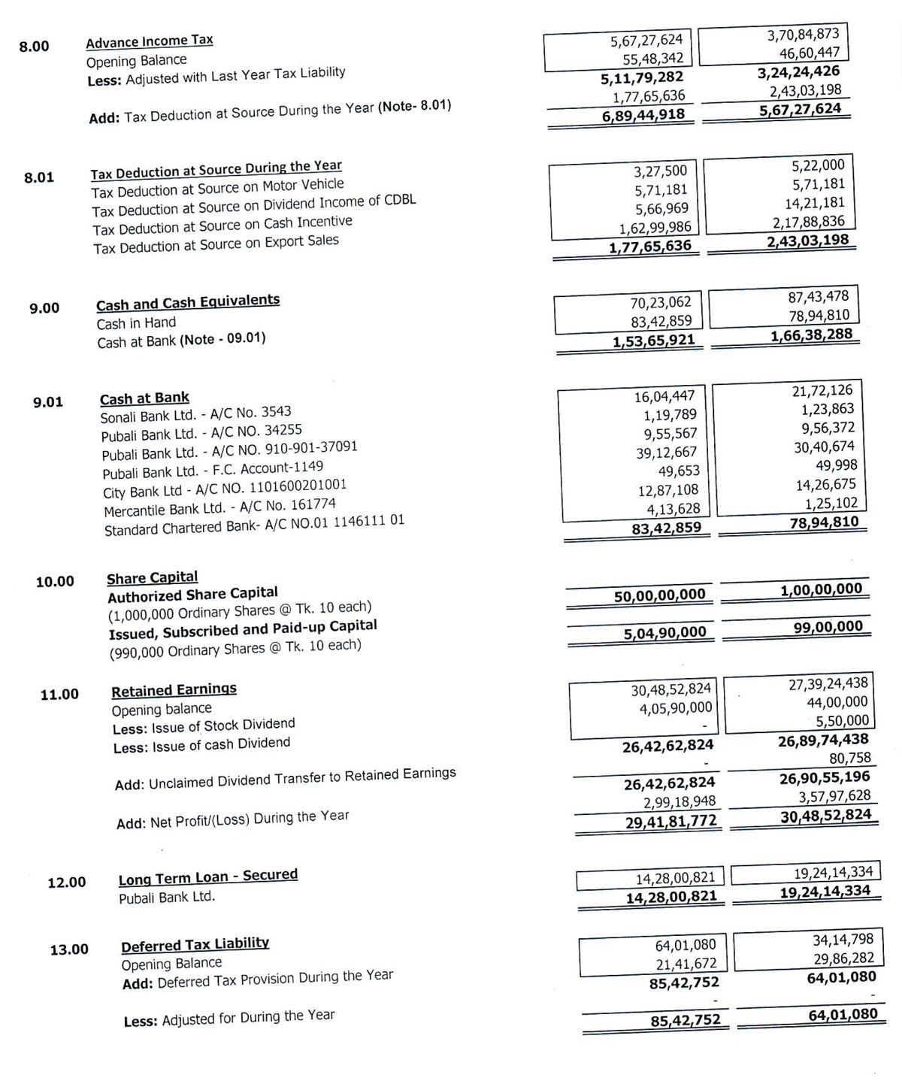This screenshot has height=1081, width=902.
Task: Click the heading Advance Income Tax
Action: click(x=150, y=41)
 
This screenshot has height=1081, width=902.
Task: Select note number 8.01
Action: click(x=39, y=177)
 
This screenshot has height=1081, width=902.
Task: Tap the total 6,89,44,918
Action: click(x=643, y=115)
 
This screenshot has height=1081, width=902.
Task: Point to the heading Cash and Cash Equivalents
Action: click(x=188, y=302)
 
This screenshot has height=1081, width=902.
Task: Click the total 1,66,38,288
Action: click(x=811, y=335)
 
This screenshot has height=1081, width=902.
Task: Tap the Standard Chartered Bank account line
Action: click(x=254, y=525)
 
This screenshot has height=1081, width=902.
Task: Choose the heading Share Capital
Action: click(x=153, y=578)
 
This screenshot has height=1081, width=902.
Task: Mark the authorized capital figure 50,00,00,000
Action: click(x=659, y=595)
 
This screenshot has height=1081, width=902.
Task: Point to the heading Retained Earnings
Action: click(x=174, y=689)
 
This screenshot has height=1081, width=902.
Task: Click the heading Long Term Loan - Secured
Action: click(x=207, y=877)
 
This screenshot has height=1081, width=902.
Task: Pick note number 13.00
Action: click(x=69, y=949)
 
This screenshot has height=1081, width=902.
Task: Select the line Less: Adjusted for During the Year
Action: click(x=229, y=1018)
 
